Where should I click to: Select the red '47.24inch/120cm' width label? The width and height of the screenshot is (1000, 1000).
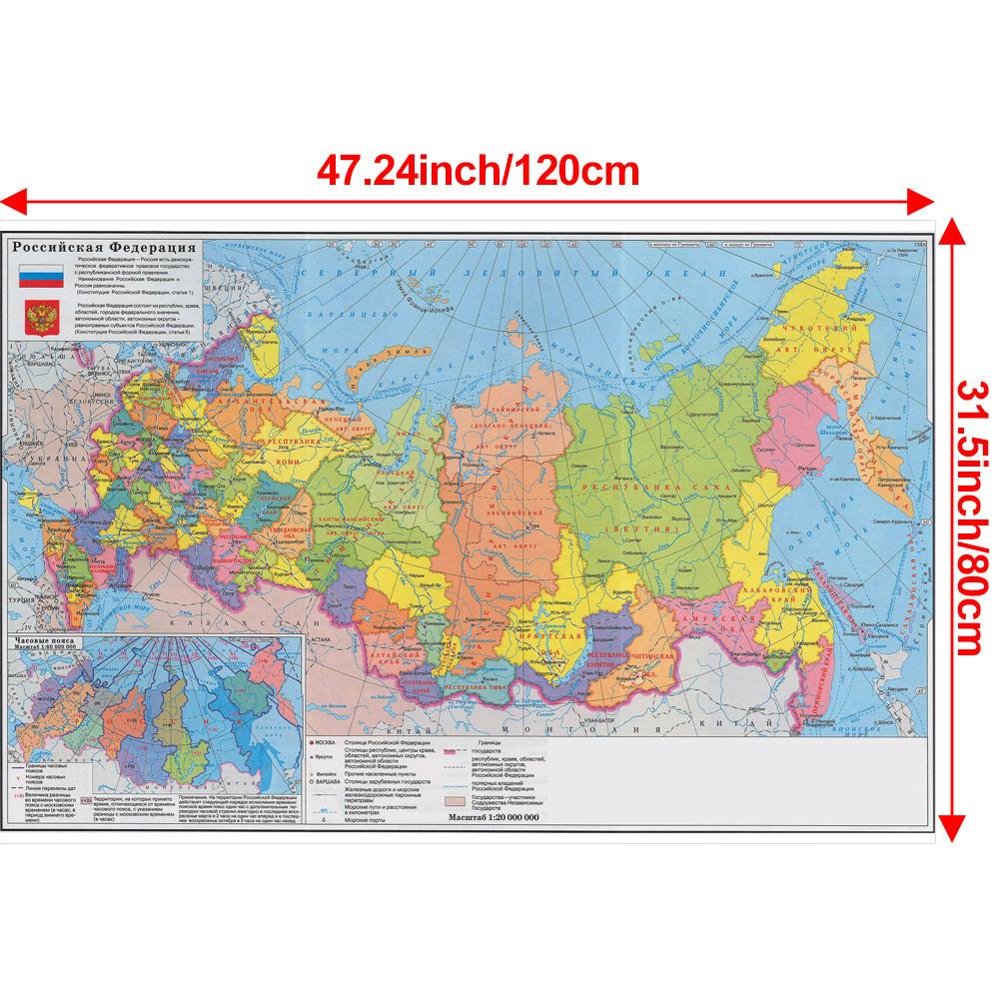(x=477, y=170)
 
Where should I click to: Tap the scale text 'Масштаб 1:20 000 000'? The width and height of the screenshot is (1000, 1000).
(x=494, y=817)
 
